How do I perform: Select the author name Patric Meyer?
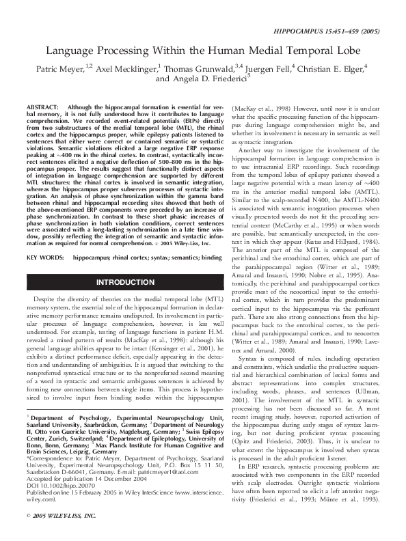click(59, 68)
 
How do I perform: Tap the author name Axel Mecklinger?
click(126, 68)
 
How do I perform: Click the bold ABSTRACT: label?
click(42, 107)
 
